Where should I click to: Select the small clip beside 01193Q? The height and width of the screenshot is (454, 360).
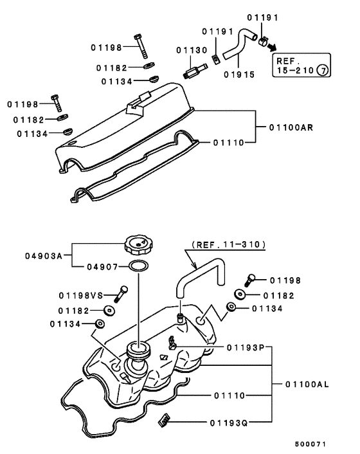point(163,421)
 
